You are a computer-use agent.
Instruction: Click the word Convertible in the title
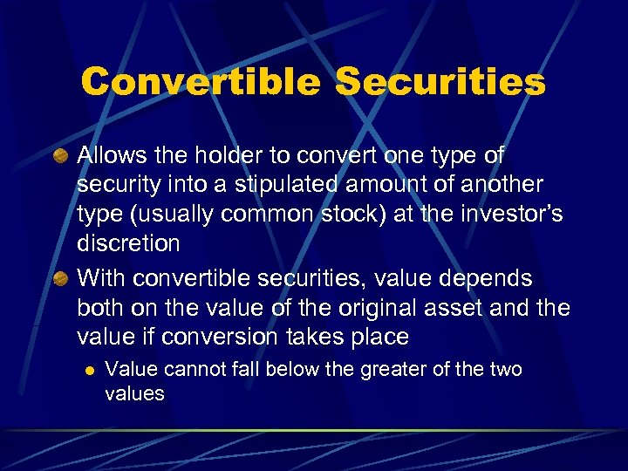(x=200, y=83)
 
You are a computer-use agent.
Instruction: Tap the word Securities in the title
(x=440, y=83)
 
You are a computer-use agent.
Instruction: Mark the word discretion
(x=128, y=244)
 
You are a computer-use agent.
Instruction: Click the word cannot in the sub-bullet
(x=188, y=370)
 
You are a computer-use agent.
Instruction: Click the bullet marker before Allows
(x=60, y=156)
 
